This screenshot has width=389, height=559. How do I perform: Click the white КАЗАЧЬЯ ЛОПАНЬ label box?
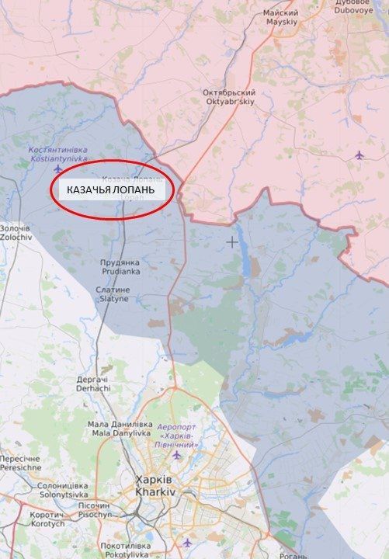111,190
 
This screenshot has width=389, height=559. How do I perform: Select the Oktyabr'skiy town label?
229,97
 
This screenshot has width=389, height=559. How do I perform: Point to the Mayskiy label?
280,18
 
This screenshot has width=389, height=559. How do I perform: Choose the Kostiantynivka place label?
57,153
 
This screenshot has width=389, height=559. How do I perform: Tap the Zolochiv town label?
14,232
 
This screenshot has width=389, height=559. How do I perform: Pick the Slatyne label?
112,293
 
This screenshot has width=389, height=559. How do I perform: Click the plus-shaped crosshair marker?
231,242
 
